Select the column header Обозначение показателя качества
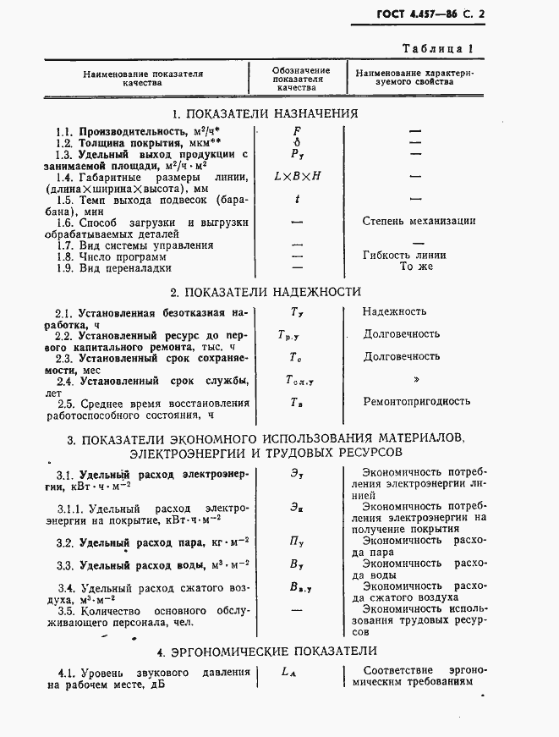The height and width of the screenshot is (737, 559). (301, 79)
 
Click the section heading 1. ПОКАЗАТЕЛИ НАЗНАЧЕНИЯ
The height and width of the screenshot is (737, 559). (265, 114)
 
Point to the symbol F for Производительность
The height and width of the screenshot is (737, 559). (296, 131)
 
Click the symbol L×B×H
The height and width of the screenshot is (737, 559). (297, 177)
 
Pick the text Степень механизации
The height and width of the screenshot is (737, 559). (419, 221)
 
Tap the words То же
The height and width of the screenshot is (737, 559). (415, 267)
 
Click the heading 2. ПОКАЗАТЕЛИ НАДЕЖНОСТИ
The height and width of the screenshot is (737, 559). (266, 292)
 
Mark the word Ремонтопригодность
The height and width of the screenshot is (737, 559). (416, 401)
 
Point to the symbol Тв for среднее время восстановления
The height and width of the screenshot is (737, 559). (296, 402)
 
